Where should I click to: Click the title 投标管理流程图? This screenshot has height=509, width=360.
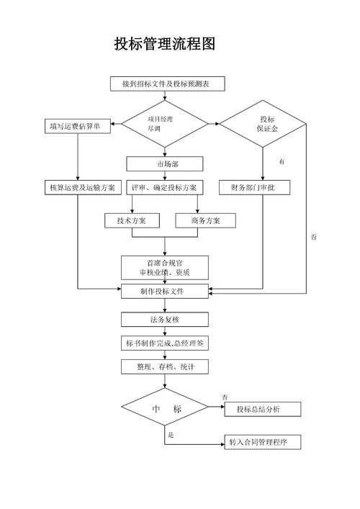[x=165, y=44]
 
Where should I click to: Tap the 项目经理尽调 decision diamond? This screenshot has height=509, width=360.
[x=164, y=123]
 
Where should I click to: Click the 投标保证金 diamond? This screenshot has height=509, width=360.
[x=263, y=124]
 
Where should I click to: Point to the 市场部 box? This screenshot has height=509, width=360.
[x=165, y=163]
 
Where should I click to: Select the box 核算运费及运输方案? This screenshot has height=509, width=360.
[x=81, y=187]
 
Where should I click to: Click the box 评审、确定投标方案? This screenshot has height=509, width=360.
[x=164, y=187]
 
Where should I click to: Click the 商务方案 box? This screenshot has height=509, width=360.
[x=205, y=220]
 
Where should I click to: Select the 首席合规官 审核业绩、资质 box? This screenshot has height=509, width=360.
[x=164, y=267]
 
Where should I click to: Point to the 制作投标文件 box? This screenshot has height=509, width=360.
[x=164, y=291]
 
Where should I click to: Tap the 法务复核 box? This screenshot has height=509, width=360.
[x=164, y=319]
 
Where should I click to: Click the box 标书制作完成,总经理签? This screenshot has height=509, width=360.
[x=164, y=343]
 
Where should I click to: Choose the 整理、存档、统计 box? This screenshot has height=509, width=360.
[x=164, y=366]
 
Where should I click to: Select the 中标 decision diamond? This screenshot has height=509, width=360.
[x=164, y=408]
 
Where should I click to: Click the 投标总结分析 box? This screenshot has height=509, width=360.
[x=262, y=409]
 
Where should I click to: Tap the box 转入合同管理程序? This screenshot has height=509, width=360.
[x=262, y=441]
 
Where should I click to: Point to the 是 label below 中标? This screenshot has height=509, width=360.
[x=171, y=436]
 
